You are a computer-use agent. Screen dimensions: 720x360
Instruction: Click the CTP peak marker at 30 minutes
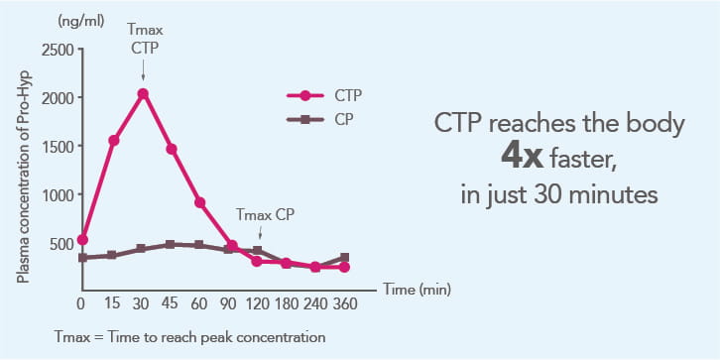(x=143, y=93)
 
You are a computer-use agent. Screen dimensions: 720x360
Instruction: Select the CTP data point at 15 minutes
(x=114, y=141)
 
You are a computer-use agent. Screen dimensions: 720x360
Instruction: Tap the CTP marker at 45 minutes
(x=172, y=149)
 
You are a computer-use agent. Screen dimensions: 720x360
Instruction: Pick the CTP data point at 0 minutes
(x=82, y=240)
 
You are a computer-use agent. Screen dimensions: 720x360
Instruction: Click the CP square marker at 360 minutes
(x=344, y=258)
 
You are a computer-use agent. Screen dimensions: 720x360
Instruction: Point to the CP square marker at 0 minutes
(x=82, y=258)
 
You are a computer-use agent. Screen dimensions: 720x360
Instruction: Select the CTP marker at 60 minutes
(x=199, y=203)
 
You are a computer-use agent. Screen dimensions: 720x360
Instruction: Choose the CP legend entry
(x=319, y=119)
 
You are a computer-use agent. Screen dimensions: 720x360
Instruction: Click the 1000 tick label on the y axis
(x=58, y=194)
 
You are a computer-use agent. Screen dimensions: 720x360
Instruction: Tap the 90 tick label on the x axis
(x=228, y=304)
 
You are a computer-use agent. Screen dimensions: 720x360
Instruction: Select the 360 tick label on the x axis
(x=344, y=304)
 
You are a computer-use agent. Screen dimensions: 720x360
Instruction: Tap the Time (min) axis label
(x=417, y=290)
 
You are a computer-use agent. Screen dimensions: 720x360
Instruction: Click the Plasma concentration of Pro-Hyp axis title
(x=23, y=177)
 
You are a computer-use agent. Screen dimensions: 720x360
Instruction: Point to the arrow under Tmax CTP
(x=143, y=71)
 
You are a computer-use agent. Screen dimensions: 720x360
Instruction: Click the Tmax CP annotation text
(x=264, y=214)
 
